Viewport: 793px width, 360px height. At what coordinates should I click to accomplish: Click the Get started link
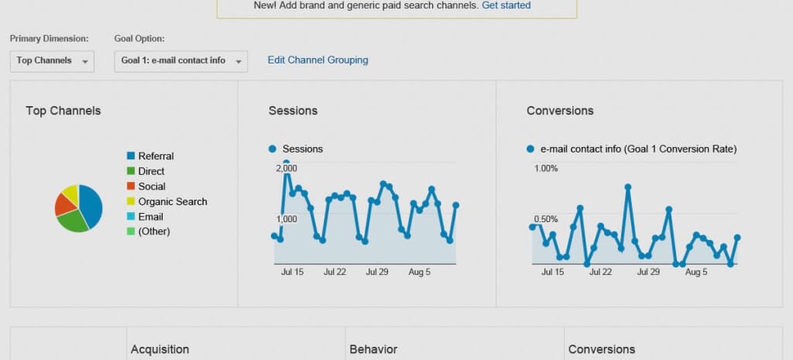point(506,5)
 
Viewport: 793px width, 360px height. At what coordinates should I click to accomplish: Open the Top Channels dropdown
point(52,61)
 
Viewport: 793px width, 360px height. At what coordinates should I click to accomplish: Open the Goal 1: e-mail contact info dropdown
point(180,61)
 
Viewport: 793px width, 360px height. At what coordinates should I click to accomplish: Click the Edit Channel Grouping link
point(318,60)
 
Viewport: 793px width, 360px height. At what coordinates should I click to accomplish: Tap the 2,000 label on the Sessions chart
point(286,168)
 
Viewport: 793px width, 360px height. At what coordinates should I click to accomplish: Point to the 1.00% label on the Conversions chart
point(546,168)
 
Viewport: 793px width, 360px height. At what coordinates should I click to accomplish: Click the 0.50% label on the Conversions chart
point(546,219)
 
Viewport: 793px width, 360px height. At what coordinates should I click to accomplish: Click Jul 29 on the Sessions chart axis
point(377,273)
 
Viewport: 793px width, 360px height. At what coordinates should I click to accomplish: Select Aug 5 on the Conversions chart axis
point(696,273)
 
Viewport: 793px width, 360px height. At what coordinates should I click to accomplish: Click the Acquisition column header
point(160,350)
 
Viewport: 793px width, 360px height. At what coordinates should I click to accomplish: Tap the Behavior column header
point(373,350)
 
